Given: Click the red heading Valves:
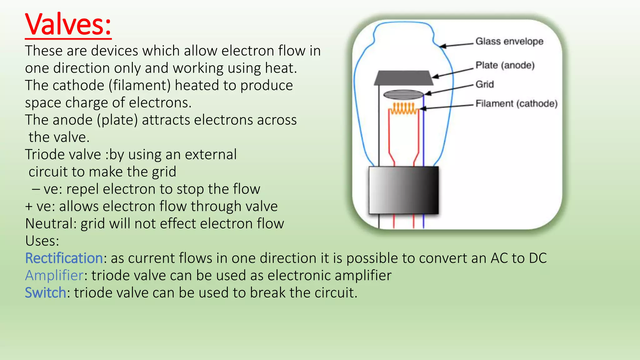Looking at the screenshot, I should click(x=68, y=25).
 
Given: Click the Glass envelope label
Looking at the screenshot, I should click(x=509, y=41).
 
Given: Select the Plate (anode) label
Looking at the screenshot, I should click(x=505, y=65).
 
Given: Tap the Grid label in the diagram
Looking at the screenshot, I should click(x=484, y=84).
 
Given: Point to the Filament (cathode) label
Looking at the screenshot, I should click(x=516, y=104).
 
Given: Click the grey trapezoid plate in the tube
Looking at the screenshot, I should click(x=403, y=78).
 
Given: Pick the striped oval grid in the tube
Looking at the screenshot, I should click(x=403, y=95).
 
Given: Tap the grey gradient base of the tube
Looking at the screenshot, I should click(x=403, y=190).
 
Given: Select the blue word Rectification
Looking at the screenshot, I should click(x=64, y=258).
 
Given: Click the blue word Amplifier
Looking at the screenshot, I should click(x=54, y=275).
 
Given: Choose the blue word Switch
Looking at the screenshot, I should click(x=45, y=293).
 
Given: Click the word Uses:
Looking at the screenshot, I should click(x=42, y=241).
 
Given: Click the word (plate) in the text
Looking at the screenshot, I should click(x=117, y=120).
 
